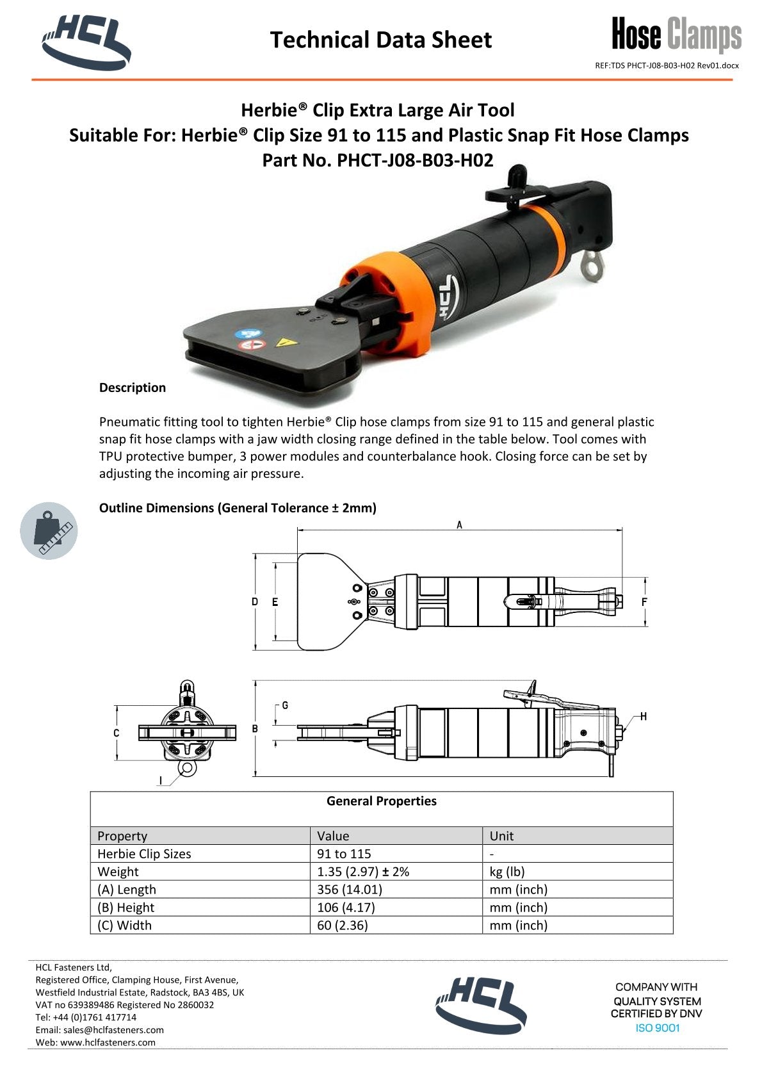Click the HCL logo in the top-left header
pyautogui.click(x=86, y=41)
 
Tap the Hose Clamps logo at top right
pyautogui.click(x=676, y=35)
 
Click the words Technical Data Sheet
pyautogui.click(x=380, y=40)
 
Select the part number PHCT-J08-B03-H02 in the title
pyautogui.click(x=415, y=160)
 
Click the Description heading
pyautogui.click(x=132, y=388)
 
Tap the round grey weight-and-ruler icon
pyautogui.click(x=49, y=531)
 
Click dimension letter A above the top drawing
pyautogui.click(x=459, y=525)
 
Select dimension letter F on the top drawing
pyautogui.click(x=644, y=602)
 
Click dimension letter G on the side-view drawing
pyautogui.click(x=285, y=705)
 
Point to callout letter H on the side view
pyautogui.click(x=643, y=716)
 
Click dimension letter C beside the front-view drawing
pyautogui.click(x=116, y=733)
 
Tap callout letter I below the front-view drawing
pyautogui.click(x=161, y=780)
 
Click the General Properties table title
pyautogui.click(x=381, y=801)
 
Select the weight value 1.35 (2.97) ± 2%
pyautogui.click(x=363, y=872)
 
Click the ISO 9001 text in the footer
pyautogui.click(x=657, y=1028)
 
